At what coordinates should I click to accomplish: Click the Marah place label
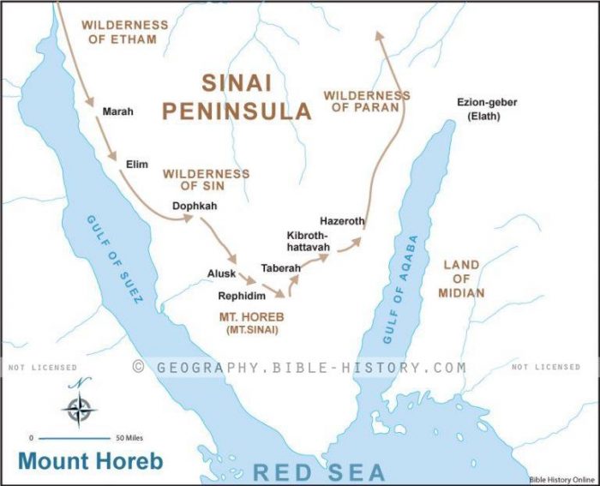tap(117, 111)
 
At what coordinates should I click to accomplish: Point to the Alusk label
tap(221, 273)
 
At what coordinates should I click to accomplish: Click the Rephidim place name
tap(243, 296)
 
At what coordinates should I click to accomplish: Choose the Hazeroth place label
tap(342, 221)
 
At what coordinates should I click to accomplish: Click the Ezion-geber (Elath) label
tap(486, 109)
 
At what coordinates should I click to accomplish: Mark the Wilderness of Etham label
tap(119, 32)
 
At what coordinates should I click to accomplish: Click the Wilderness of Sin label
tap(207, 180)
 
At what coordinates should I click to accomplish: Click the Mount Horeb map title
tap(90, 460)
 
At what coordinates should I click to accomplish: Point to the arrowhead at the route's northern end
tap(380, 36)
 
